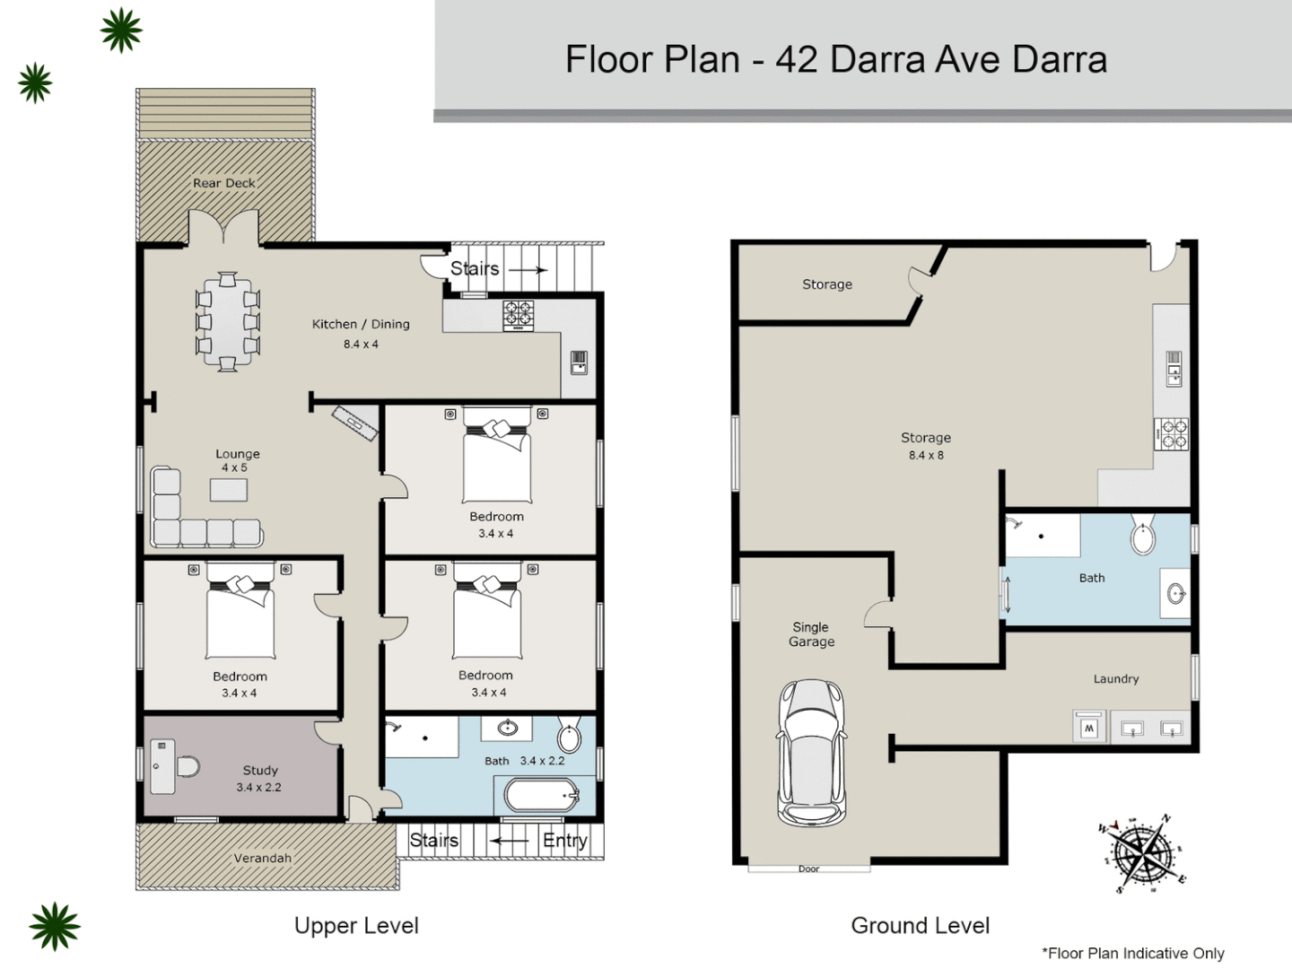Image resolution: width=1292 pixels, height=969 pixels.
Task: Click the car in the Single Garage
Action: (x=811, y=752)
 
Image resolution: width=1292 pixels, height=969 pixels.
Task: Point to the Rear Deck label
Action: (x=224, y=183)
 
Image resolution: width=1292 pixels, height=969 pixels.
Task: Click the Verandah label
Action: (x=262, y=858)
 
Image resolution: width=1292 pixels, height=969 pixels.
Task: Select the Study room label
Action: (x=260, y=770)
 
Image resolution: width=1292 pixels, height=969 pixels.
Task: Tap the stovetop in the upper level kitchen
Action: (x=518, y=315)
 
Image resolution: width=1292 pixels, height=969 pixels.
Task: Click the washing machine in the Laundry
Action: (x=1089, y=727)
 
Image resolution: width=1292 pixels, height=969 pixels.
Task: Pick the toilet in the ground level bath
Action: (x=1143, y=537)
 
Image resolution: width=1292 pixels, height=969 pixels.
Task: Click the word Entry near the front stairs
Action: (x=564, y=841)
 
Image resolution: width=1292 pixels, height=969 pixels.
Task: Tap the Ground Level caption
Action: (x=920, y=925)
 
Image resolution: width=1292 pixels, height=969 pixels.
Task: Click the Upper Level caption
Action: (x=356, y=925)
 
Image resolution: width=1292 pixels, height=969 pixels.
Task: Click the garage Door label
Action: (x=808, y=869)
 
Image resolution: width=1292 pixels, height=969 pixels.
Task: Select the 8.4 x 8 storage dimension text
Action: (x=926, y=455)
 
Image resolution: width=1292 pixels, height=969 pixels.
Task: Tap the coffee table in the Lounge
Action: (x=229, y=489)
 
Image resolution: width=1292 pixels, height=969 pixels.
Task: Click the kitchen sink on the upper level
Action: (x=579, y=362)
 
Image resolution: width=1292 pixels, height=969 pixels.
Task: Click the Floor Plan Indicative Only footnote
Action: (x=1132, y=953)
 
